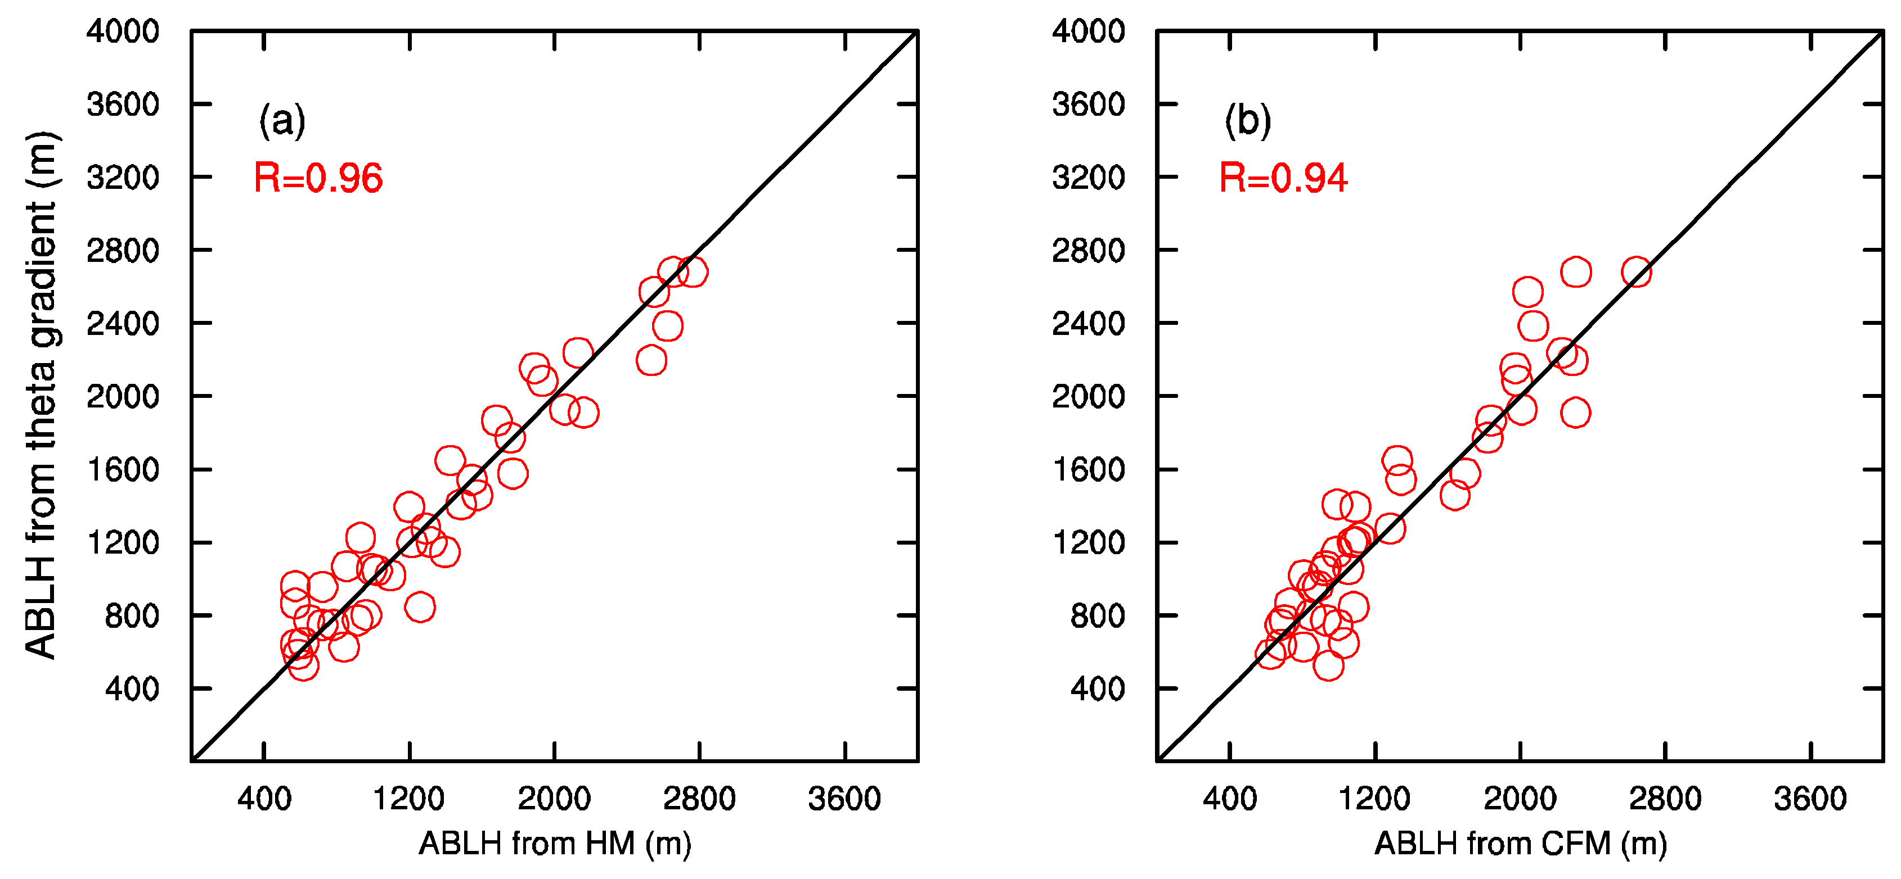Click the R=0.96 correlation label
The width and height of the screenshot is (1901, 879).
coord(318,179)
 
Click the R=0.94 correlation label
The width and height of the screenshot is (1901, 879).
coord(1283,179)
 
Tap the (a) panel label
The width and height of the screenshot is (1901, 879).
coord(281,120)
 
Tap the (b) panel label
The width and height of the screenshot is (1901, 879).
coord(1247,120)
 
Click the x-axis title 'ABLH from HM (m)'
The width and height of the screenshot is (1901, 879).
coord(555,843)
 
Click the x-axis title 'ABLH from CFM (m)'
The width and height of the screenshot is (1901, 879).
coord(1520,843)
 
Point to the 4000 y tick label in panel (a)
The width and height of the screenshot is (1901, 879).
coord(123,31)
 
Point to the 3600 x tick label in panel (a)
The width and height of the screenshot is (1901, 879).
coord(844,799)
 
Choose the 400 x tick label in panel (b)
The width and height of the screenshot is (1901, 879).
coord(1229,799)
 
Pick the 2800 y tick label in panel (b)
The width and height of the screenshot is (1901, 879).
coord(1089,251)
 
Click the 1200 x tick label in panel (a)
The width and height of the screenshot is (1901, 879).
coord(409,799)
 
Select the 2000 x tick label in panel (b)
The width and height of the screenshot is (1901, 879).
coord(1520,799)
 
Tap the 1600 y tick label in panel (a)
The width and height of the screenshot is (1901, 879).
coord(123,470)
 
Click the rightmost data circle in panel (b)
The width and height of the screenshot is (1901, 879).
coord(1636,273)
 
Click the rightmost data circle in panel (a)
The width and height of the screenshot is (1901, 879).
coord(692,272)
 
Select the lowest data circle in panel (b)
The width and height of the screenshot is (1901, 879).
coord(1328,665)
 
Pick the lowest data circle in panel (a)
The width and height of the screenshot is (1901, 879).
coord(303,665)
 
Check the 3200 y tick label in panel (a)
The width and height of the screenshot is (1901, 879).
coord(123,178)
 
